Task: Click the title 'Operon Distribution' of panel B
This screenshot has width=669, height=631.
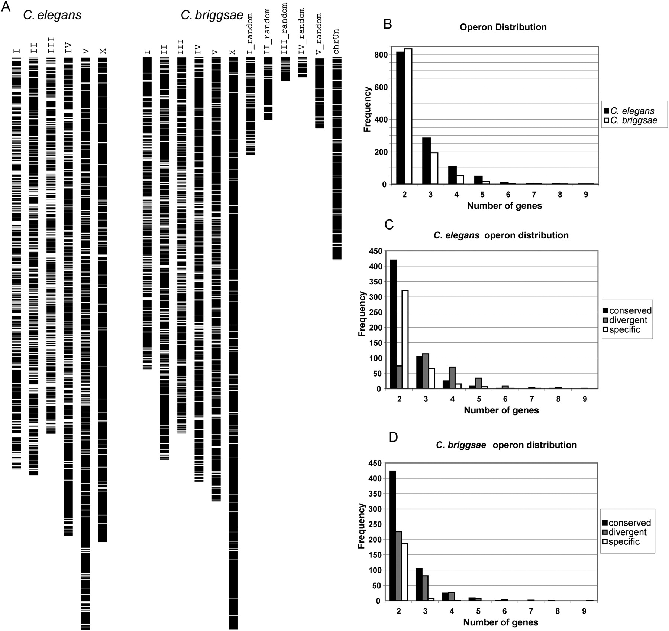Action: (x=503, y=27)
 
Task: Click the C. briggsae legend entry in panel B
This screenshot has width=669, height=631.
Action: (x=631, y=121)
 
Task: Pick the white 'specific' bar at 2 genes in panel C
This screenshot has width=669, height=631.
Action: (x=405, y=339)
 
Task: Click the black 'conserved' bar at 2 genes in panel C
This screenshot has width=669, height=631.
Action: (x=393, y=324)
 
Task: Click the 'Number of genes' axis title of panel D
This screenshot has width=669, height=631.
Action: (x=501, y=622)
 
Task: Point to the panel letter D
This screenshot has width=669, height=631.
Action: (x=393, y=437)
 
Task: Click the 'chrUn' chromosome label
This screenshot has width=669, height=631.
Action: (x=336, y=42)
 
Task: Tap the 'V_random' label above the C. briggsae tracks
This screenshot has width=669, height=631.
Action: (x=319, y=34)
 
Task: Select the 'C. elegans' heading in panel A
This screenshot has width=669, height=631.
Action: (x=52, y=15)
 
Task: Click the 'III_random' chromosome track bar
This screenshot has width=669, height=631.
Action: (x=285, y=69)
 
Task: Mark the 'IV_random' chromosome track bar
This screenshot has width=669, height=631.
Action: (x=303, y=67)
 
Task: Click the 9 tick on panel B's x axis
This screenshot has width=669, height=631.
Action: (x=586, y=195)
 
